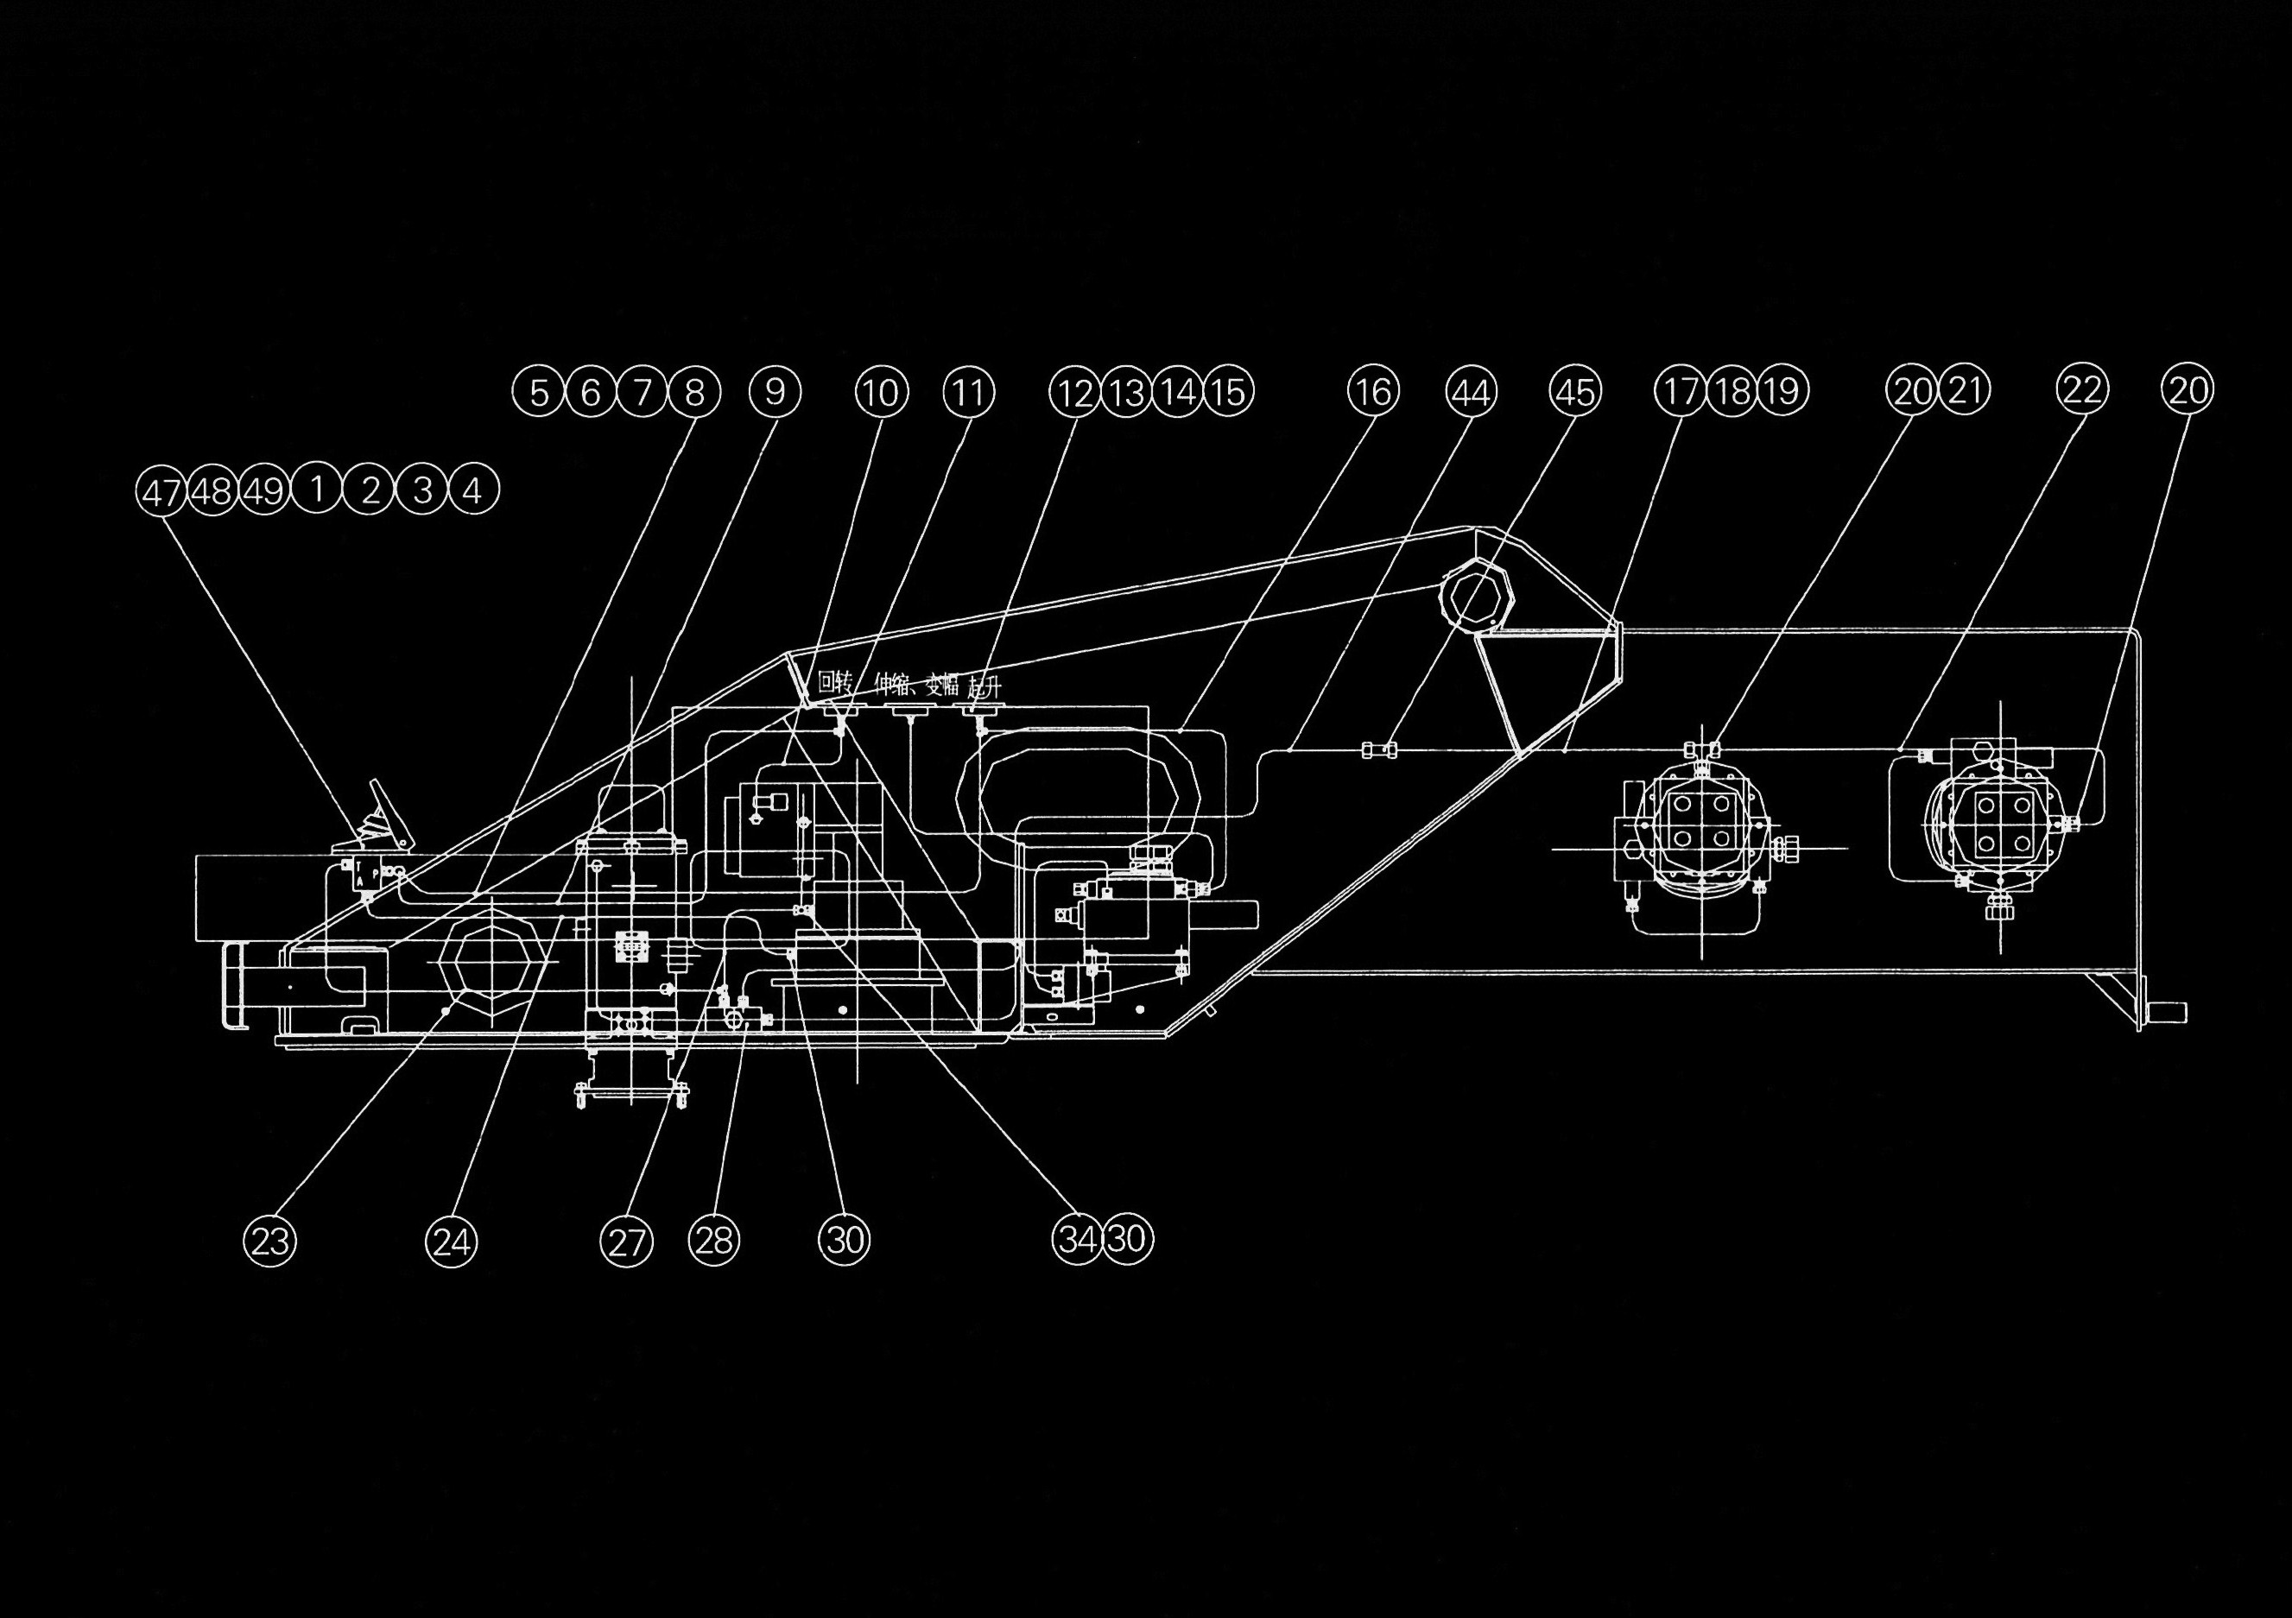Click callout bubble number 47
(161, 492)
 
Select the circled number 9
(775, 391)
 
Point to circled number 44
(1472, 391)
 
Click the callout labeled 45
(1574, 391)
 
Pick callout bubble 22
(2082, 389)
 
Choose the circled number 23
(270, 1241)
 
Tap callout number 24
(451, 1241)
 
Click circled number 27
(626, 1241)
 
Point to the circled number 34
(1076, 1239)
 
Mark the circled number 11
(968, 391)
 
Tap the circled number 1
(318, 490)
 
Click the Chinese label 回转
(833, 684)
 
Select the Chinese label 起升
(985, 686)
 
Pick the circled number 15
(1229, 391)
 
